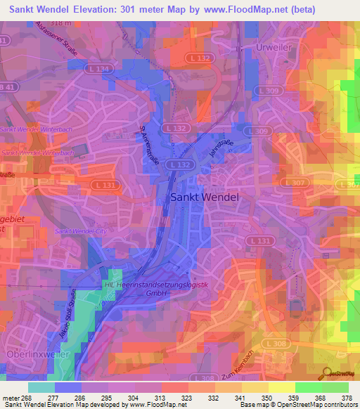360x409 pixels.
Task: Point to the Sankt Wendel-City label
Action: [79, 231]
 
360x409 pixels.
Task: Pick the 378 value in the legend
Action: [347, 398]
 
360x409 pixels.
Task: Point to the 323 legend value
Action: [188, 398]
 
